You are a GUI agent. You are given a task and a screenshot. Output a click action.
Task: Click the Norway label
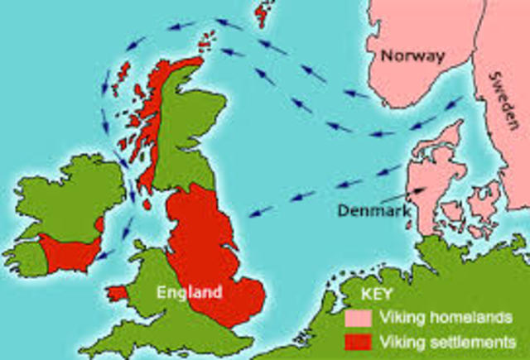pyautogui.click(x=412, y=57)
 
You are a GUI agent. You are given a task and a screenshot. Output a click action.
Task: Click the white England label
pyautogui.click(x=191, y=291)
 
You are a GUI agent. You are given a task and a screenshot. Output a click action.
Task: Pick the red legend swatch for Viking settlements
pyautogui.click(x=359, y=339)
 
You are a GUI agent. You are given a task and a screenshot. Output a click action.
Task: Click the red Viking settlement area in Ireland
pyautogui.click(x=70, y=252)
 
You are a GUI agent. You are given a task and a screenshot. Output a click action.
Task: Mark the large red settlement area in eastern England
pyautogui.click(x=207, y=248)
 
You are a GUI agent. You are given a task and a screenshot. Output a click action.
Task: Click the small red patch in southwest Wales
pyautogui.click(x=118, y=293)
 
